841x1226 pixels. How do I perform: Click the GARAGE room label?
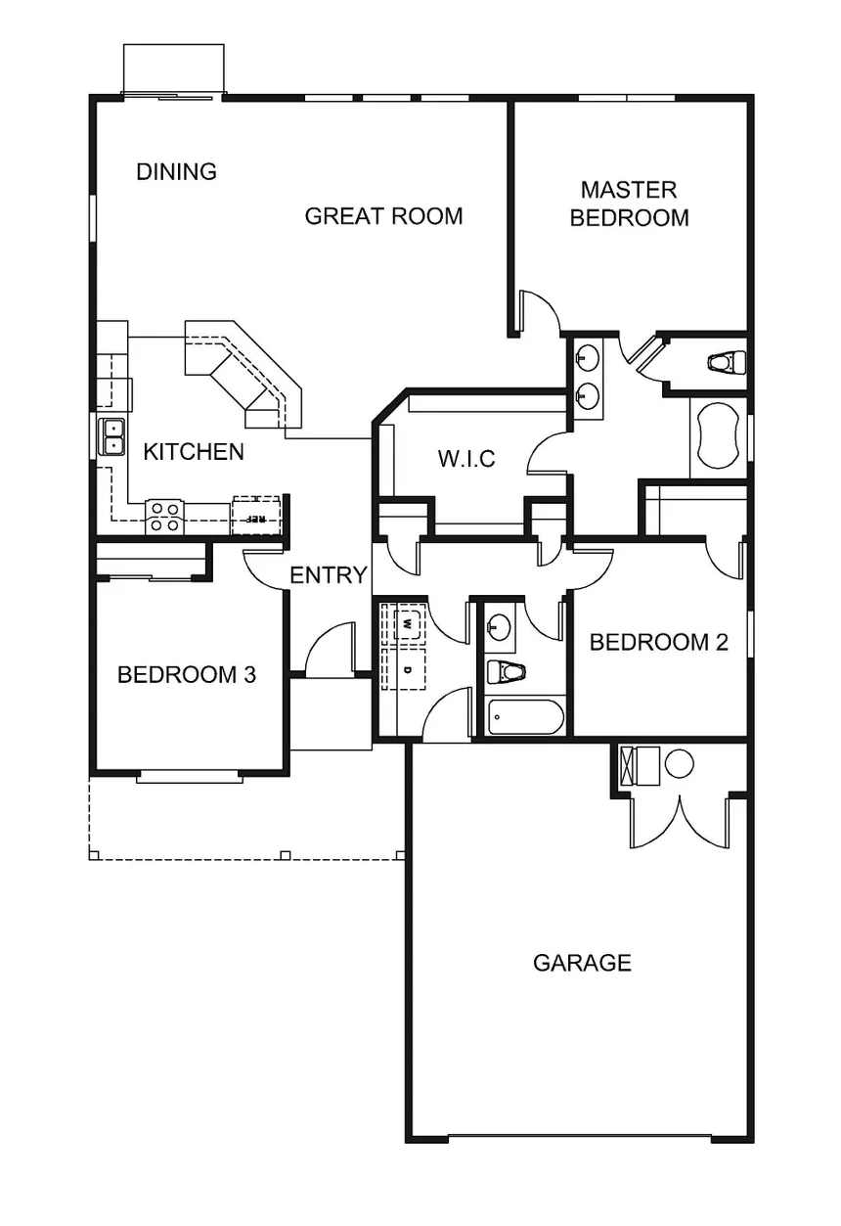(x=582, y=963)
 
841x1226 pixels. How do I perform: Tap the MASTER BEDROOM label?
(x=629, y=204)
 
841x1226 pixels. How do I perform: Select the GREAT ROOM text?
(x=383, y=216)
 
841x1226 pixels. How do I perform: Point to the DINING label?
(x=176, y=172)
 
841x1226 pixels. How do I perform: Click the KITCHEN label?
(x=194, y=452)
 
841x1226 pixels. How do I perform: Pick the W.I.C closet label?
(x=466, y=459)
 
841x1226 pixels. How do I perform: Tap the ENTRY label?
(x=329, y=575)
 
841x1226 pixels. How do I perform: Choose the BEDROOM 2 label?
(x=659, y=643)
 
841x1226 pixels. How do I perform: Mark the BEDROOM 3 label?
(x=187, y=675)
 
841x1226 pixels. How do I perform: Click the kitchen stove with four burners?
(x=164, y=518)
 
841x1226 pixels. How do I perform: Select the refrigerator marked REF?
(x=256, y=516)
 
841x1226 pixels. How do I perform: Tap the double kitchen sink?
(x=111, y=436)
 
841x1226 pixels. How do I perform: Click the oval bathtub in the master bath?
(x=718, y=435)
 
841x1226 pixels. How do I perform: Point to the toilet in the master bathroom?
(x=727, y=362)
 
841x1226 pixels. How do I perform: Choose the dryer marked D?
(x=407, y=669)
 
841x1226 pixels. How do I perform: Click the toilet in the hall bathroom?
(x=506, y=671)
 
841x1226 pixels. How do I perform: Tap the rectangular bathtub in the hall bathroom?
(x=525, y=716)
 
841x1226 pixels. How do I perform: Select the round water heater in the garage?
(x=680, y=763)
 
